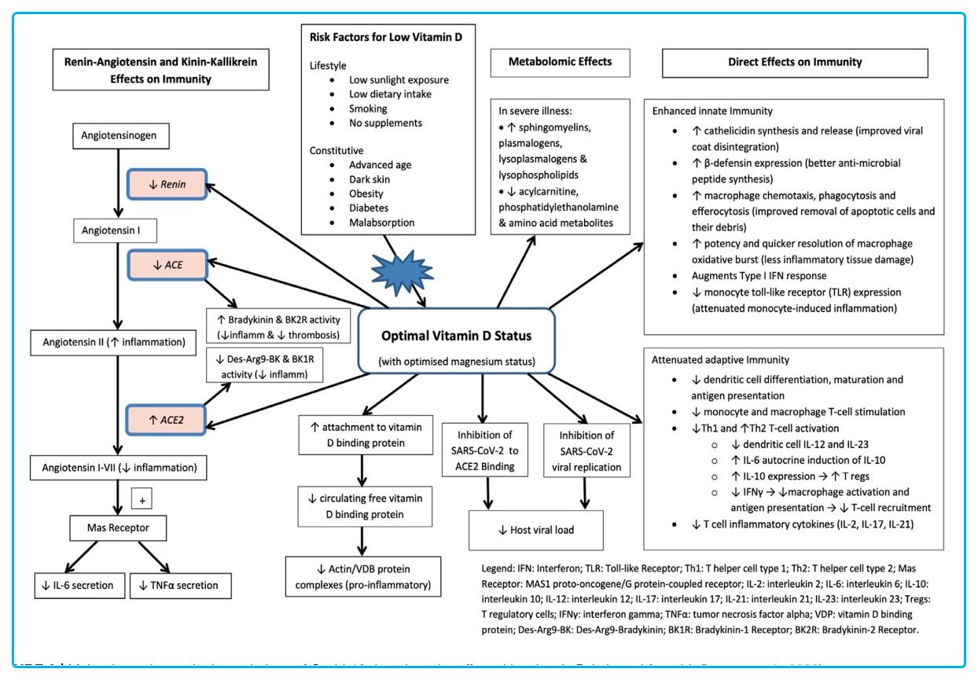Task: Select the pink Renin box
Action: pos(167,186)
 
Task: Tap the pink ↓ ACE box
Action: pos(167,266)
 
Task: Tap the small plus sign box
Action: pos(143,500)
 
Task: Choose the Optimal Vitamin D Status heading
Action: pos(457,336)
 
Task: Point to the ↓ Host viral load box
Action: pos(535,530)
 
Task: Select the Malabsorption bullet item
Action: pos(382,222)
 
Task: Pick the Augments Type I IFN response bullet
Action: pos(758,276)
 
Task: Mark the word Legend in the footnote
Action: pos(499,567)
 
